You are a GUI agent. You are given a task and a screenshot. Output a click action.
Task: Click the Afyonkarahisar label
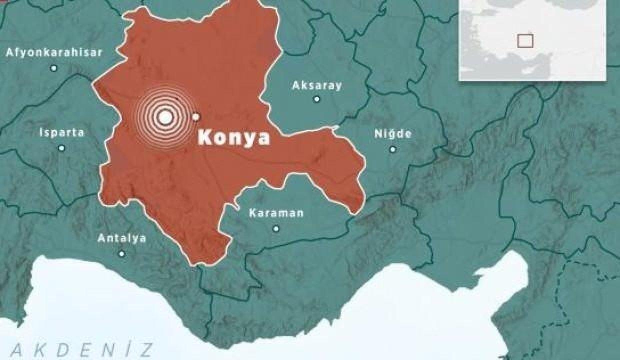pos(54,52)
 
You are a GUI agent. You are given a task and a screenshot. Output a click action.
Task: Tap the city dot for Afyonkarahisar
pos(54,68)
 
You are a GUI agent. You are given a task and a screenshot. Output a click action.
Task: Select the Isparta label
pos(61,132)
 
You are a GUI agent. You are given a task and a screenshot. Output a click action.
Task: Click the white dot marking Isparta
pos(61,148)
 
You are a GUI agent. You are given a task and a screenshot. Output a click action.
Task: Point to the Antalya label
pos(122,238)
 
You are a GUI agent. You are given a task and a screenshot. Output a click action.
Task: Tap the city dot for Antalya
pos(121,254)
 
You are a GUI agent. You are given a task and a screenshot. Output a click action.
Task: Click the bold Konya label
pos(233,137)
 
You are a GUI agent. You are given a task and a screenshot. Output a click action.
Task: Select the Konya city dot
pos(196,117)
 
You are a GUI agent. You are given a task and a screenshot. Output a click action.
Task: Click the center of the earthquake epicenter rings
pos(165,117)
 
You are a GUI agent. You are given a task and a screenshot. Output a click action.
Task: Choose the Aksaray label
pos(317,85)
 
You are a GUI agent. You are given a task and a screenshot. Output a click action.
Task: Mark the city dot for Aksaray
pos(316,99)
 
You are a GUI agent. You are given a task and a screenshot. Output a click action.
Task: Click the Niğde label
pos(393,133)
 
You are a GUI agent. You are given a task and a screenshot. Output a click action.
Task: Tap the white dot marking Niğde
pos(392,149)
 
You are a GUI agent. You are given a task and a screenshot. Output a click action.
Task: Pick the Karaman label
pos(276,213)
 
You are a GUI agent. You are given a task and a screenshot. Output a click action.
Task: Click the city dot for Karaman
pos(276,228)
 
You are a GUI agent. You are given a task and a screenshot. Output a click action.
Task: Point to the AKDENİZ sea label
pos(82,348)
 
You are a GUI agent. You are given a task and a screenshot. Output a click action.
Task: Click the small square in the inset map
pos(525,40)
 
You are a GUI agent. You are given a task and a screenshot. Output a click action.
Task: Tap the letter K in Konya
pos(205,137)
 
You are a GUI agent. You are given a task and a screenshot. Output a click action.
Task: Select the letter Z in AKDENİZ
pos(146,348)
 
